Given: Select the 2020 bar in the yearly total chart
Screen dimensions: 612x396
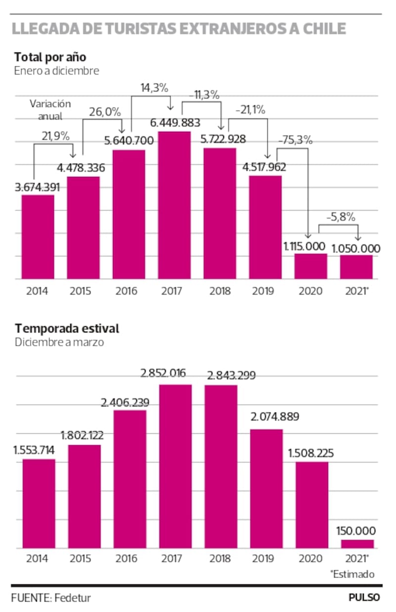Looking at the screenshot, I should click(x=311, y=266).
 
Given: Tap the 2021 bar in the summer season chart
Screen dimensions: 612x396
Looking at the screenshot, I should click(x=357, y=544).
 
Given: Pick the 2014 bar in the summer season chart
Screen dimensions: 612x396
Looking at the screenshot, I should click(x=39, y=503).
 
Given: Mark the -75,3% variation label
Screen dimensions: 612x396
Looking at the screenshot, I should click(x=296, y=140).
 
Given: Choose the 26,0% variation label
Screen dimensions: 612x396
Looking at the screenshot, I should click(x=104, y=112).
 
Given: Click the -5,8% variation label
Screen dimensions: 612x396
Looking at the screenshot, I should click(x=341, y=216).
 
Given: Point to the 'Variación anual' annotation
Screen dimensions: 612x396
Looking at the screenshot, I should click(x=50, y=110).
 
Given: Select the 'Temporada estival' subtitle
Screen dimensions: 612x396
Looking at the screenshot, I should click(x=66, y=328).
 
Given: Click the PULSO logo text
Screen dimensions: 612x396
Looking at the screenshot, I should click(x=364, y=597).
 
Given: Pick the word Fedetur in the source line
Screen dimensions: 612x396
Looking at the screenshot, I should click(x=72, y=598).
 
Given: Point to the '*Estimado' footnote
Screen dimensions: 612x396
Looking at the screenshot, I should click(x=352, y=574).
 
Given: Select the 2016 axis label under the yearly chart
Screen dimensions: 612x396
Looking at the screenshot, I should click(x=126, y=291).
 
